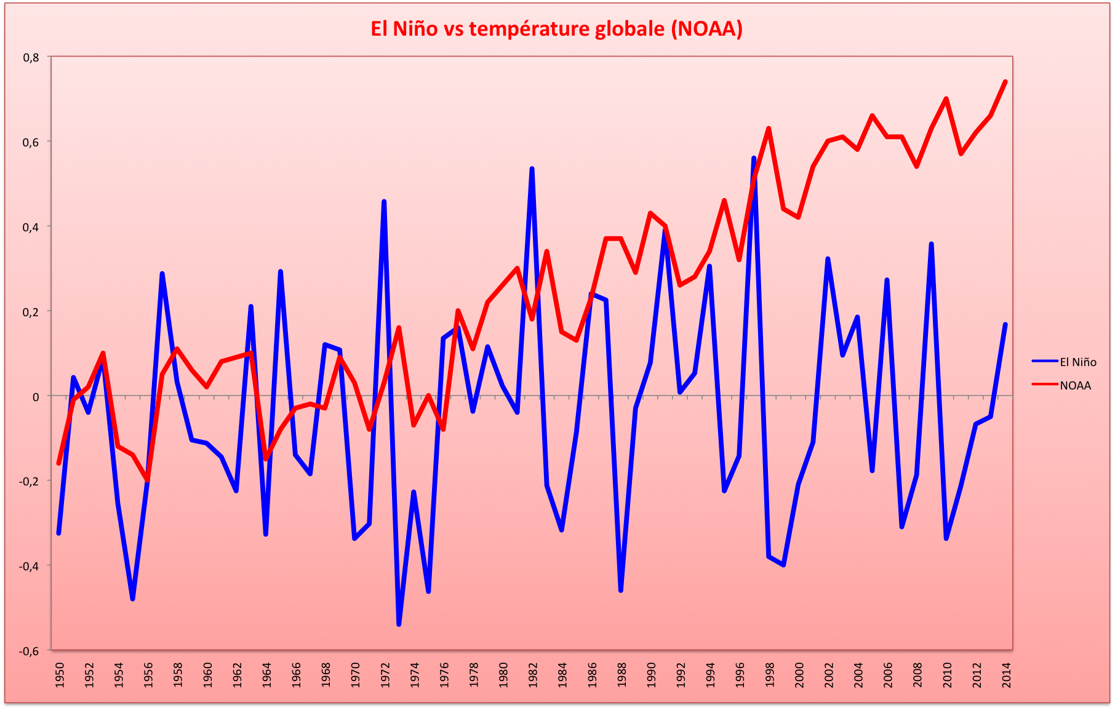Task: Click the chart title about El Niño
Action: click(x=556, y=29)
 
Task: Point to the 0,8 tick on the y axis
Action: click(x=31, y=57)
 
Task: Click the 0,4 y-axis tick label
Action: click(x=31, y=227)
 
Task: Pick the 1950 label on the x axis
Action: click(x=60, y=674)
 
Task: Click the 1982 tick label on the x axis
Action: click(x=533, y=674)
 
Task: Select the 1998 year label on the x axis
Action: click(x=770, y=674)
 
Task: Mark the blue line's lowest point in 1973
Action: click(x=399, y=624)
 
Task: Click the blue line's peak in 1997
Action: click(x=754, y=158)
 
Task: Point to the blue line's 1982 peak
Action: click(x=532, y=168)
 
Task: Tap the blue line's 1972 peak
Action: click(x=384, y=201)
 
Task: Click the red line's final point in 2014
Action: click(x=1005, y=82)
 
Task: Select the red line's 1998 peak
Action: click(x=769, y=129)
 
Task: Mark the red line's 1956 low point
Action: click(x=148, y=480)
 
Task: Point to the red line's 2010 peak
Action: click(x=946, y=98)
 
